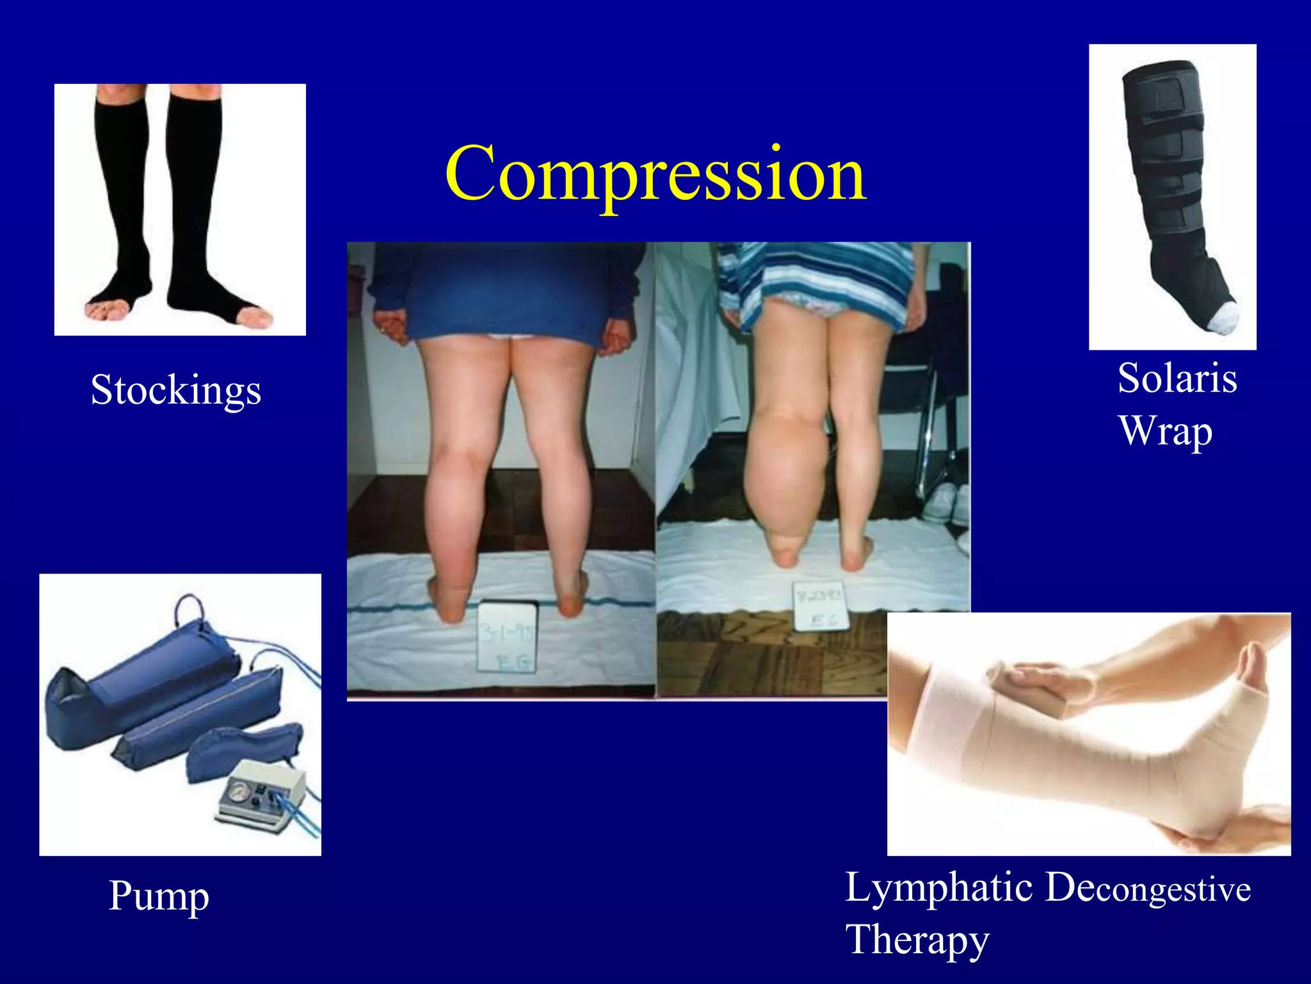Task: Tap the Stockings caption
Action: click(176, 389)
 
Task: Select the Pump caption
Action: click(159, 896)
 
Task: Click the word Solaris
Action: click(1177, 378)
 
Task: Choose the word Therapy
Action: click(917, 940)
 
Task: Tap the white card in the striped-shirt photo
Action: click(820, 605)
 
